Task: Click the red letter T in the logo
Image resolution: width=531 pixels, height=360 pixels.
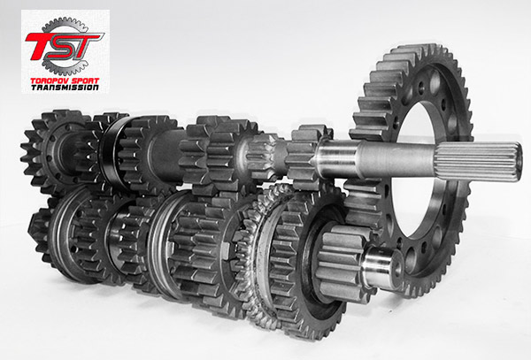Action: point(38,46)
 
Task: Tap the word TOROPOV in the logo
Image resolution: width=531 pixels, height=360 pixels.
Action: point(50,80)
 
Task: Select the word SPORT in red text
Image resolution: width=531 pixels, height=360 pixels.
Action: point(85,80)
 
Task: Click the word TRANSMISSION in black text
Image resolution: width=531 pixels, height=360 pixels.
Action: point(65,88)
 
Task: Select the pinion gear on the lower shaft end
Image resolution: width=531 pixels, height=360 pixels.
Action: point(342,262)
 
